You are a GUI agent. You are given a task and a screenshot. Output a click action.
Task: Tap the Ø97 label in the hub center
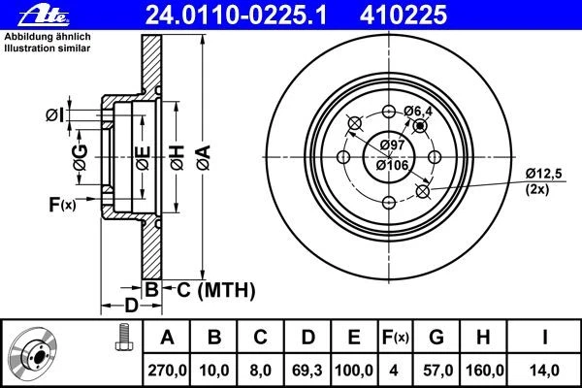tap(392, 145)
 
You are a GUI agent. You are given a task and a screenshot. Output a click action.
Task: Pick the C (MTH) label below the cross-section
tap(209, 288)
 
